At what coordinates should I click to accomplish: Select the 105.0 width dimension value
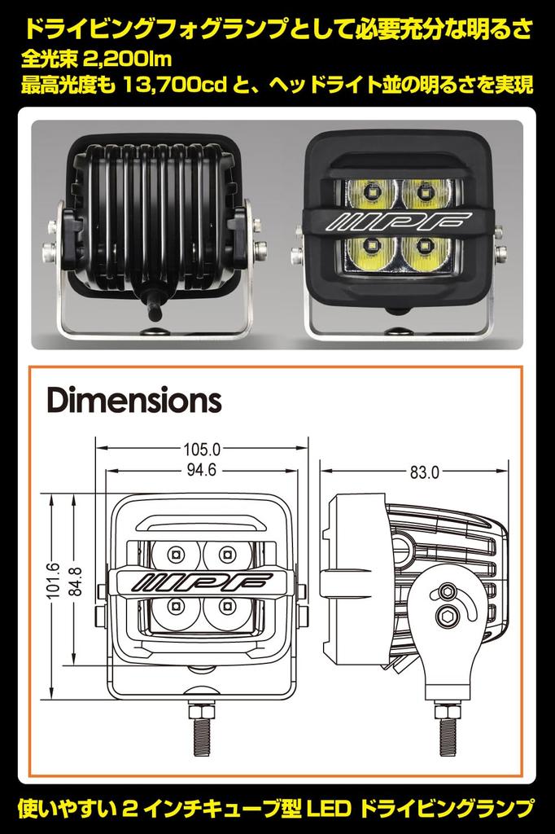[x=203, y=448]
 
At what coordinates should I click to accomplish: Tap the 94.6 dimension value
[x=202, y=469]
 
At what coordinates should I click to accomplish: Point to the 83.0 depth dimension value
[x=423, y=471]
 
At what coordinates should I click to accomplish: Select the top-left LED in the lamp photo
[x=370, y=192]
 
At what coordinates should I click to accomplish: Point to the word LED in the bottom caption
[x=329, y=809]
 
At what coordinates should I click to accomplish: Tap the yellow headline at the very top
[x=277, y=31]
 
